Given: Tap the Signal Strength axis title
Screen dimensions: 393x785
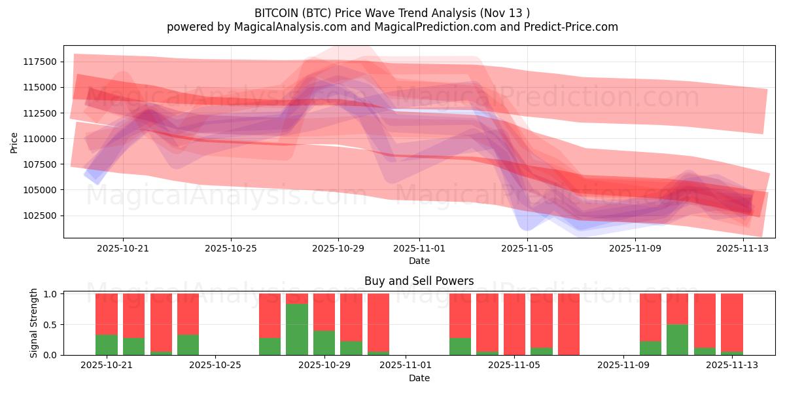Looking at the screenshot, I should pos(34,322).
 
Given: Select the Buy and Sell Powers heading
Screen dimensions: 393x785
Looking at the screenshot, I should pos(419,281).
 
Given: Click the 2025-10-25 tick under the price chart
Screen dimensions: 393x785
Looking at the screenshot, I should pos(230,248).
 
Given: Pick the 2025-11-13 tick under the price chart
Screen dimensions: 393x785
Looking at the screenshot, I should pos(742,248).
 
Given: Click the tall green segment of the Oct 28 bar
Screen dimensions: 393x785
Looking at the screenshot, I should pos(297,329).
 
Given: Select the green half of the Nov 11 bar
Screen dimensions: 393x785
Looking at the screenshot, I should pos(677,340).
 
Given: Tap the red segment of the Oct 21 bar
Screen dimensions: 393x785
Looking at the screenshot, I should pos(107,314).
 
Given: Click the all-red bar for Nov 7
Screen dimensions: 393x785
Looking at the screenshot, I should pos(568,324).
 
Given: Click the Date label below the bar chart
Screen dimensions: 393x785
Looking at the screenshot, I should pos(419,378).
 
